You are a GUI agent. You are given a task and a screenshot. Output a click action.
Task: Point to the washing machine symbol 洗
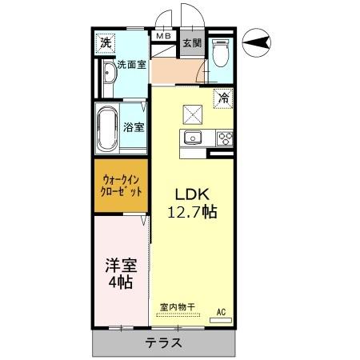(x=105, y=43)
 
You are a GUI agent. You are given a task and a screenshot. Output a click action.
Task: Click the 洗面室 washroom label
(x=130, y=65)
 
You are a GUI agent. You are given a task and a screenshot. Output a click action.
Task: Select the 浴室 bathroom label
(x=134, y=126)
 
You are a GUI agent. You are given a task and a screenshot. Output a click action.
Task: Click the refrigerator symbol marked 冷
(x=223, y=98)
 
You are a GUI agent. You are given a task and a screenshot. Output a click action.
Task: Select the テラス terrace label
(x=164, y=343)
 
